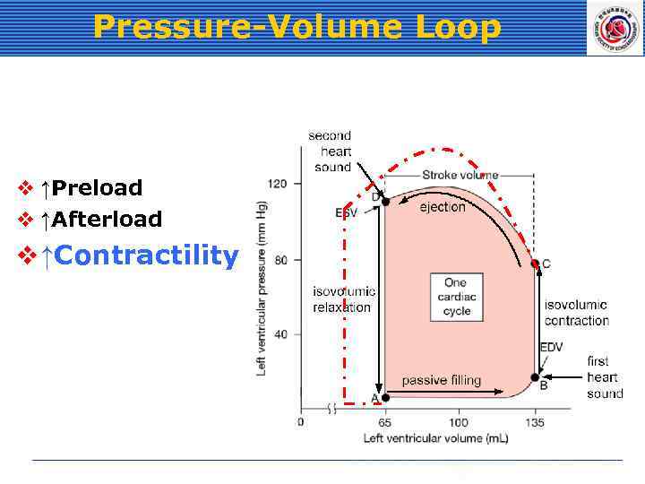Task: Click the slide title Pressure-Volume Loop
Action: pos(297,27)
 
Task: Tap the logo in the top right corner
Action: pos(615,28)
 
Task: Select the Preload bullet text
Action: pos(97,188)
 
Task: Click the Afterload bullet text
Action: pos(107,220)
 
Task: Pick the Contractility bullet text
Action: pos(147,256)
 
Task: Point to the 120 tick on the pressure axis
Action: pos(278,184)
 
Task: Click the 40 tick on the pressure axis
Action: pos(280,334)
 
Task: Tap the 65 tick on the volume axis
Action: pos(385,422)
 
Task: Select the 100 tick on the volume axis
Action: pos(459,422)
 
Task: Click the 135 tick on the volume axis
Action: pos(534,422)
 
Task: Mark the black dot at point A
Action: pos(385,398)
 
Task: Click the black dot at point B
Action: pos(535,377)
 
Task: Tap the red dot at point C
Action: pos(535,264)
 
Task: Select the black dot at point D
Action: pos(385,202)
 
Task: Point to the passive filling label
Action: pos(441,380)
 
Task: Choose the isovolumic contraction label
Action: pos(576,313)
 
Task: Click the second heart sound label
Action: pos(331,151)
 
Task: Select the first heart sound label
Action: pos(605,377)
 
